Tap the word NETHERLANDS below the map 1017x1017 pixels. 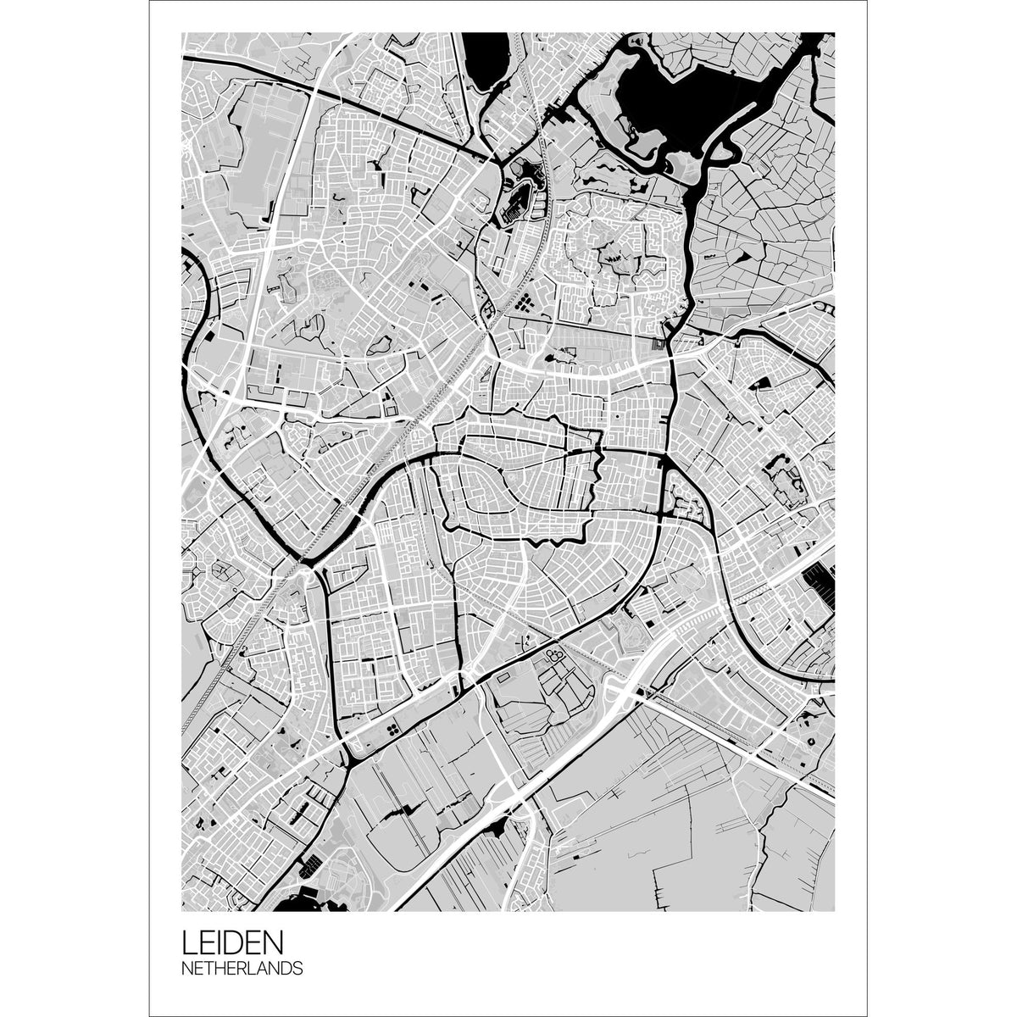tap(241, 968)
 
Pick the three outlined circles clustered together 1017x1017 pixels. tap(555, 654)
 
